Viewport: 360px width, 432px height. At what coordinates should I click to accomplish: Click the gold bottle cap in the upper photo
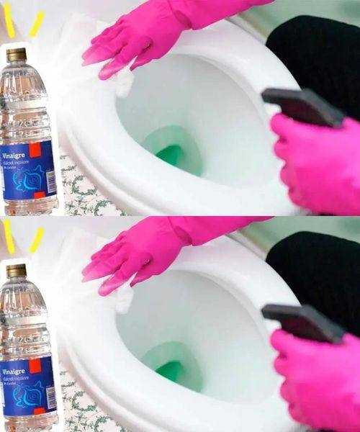click(x=16, y=55)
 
